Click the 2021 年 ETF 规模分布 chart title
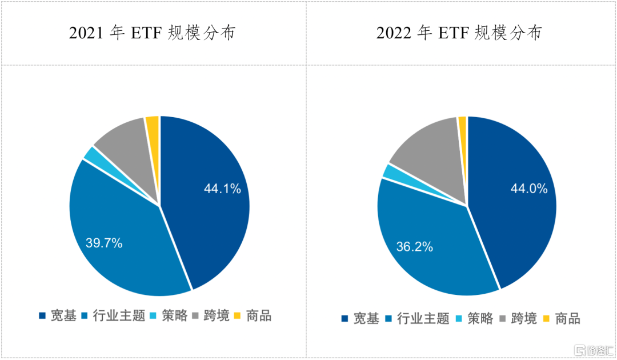153,33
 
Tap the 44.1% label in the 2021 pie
222,188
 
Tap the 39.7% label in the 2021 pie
103,243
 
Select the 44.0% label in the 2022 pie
530,188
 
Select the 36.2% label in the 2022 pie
414,247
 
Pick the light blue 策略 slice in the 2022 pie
394,171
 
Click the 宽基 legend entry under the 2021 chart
57,316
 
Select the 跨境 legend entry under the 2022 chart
518,319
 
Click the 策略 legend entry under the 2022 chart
474,319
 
